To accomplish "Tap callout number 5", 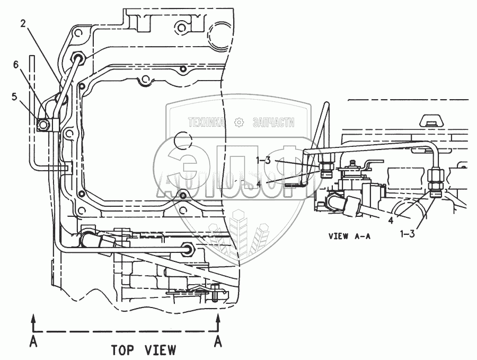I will [x=14, y=97].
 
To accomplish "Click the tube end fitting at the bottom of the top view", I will [x=188, y=248].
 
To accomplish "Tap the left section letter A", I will [x=33, y=342].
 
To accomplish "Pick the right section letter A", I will [x=217, y=342].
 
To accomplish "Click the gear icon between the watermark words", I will [x=238, y=123].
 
